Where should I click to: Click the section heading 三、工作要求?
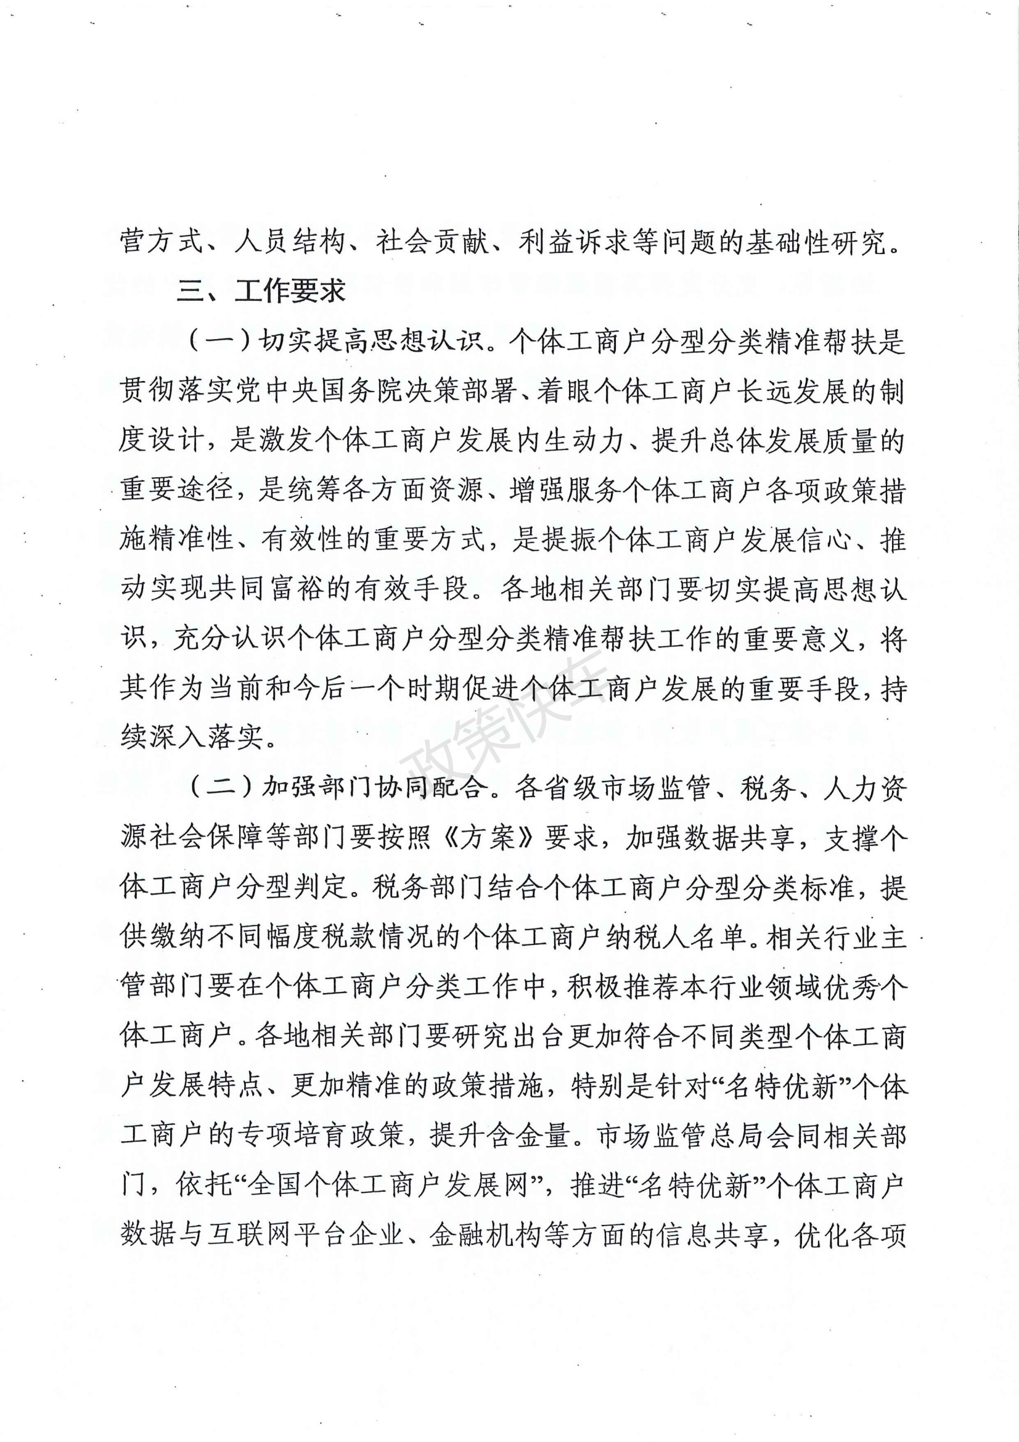click(261, 292)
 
